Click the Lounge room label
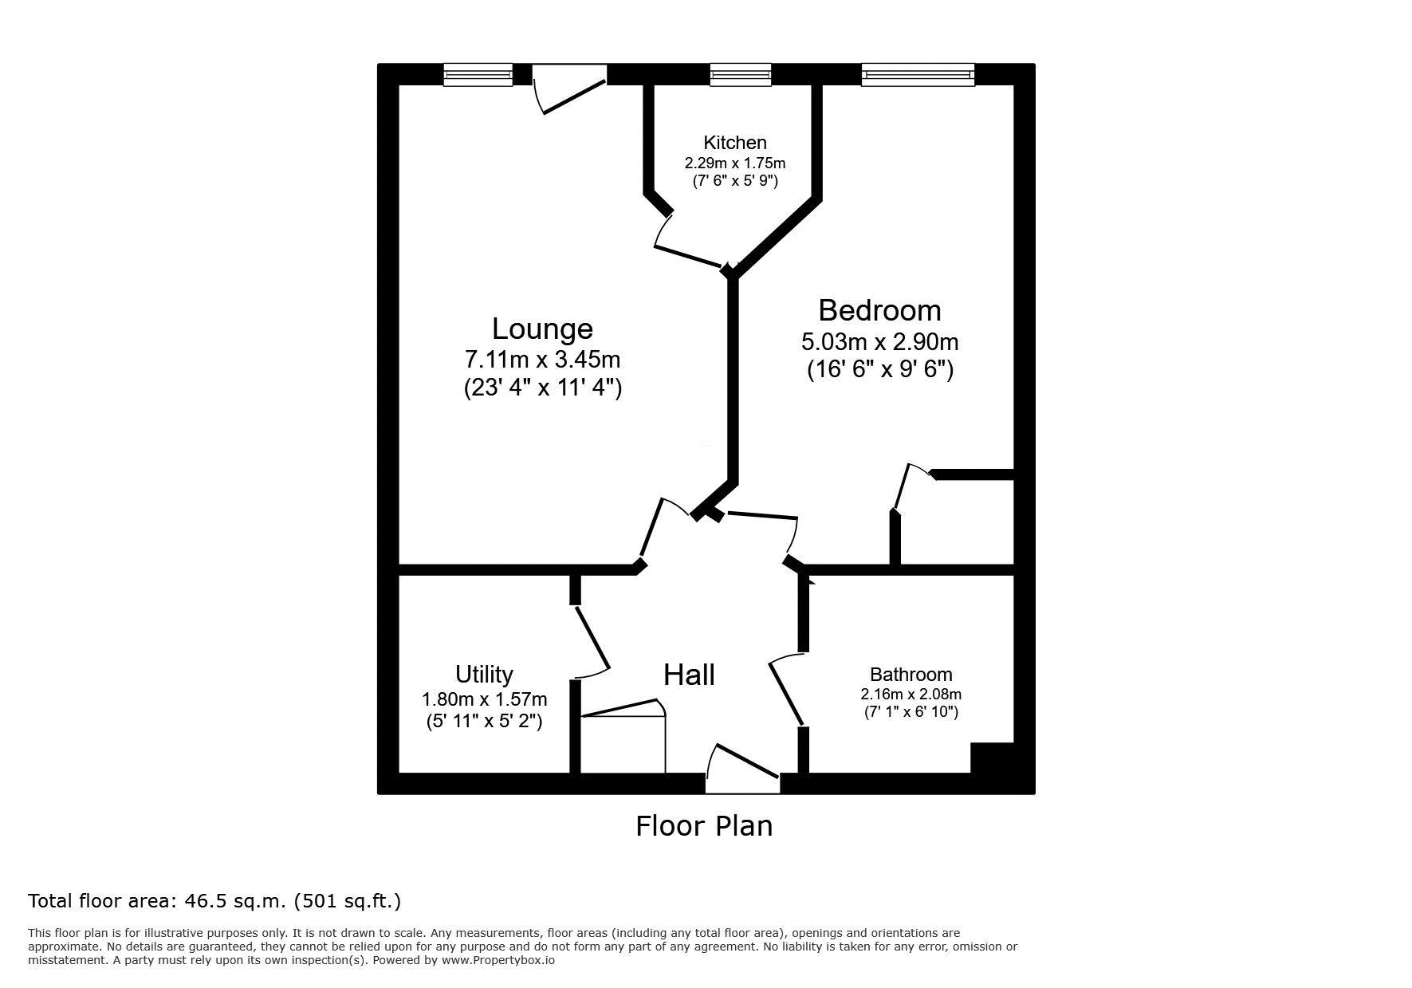click(x=542, y=329)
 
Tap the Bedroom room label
click(x=879, y=310)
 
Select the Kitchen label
click(x=735, y=143)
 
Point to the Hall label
click(x=689, y=675)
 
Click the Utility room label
click(x=484, y=675)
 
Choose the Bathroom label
click(x=911, y=675)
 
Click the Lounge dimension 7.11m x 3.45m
click(x=542, y=359)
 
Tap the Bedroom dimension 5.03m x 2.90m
click(x=879, y=342)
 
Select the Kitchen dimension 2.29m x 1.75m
click(x=735, y=163)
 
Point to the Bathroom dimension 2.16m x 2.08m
click(x=911, y=695)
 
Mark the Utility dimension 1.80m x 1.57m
click(x=484, y=700)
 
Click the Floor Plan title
click(x=704, y=825)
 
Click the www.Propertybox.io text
click(x=498, y=960)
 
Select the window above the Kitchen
click(x=741, y=75)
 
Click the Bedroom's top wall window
click(x=918, y=75)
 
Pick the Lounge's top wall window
click(x=478, y=75)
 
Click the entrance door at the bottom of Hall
click(x=742, y=770)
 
